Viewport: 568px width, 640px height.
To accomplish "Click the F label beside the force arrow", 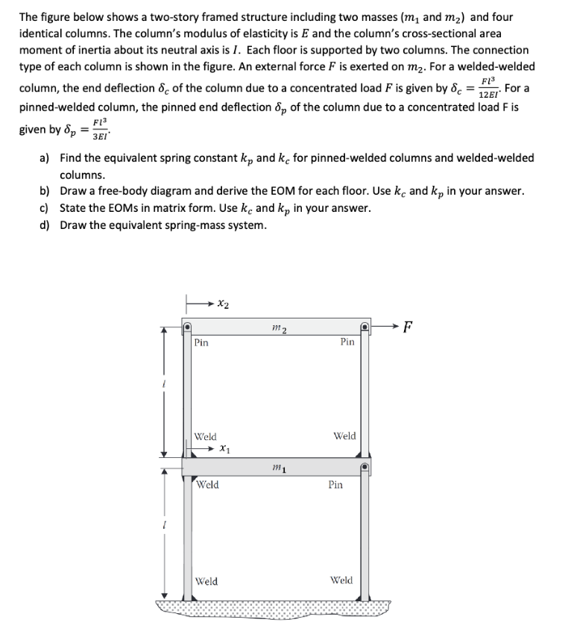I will [x=406, y=325].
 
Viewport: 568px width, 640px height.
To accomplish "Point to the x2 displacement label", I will [x=223, y=304].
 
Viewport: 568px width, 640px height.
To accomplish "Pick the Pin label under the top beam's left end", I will [x=201, y=343].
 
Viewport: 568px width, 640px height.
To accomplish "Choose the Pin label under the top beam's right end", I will [x=347, y=342].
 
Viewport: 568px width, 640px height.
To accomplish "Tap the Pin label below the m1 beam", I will [x=335, y=485].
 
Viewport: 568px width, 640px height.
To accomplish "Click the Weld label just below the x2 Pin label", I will [x=206, y=436].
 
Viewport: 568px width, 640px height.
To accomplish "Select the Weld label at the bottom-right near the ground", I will [x=341, y=580].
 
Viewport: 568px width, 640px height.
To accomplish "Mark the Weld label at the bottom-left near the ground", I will [x=206, y=581].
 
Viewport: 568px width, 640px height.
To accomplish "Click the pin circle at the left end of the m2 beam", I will [x=189, y=327].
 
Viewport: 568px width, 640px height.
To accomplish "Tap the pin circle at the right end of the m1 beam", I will [x=365, y=468].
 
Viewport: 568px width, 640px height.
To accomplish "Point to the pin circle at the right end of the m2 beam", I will [x=365, y=327].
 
